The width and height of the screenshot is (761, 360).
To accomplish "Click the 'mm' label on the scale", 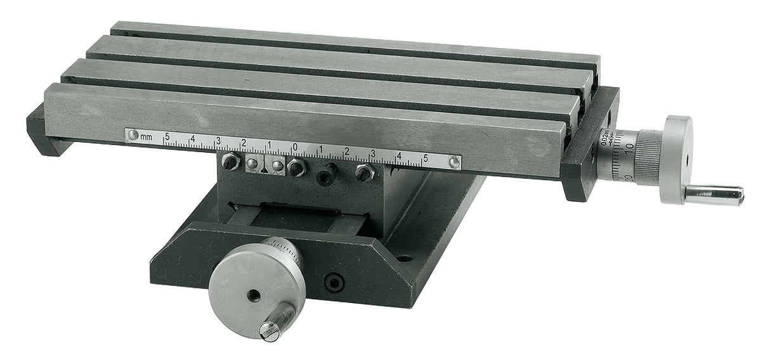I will tap(146, 136).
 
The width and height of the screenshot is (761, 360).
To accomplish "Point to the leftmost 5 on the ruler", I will tap(167, 136).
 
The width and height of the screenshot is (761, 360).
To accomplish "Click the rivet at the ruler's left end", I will tap(133, 135).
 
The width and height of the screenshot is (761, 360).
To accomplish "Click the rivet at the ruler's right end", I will tap(453, 162).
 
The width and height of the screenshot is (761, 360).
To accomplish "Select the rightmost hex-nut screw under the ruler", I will tap(364, 172).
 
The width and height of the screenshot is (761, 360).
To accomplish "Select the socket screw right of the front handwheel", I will tap(333, 283).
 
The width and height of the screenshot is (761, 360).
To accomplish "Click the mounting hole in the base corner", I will tap(404, 259).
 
